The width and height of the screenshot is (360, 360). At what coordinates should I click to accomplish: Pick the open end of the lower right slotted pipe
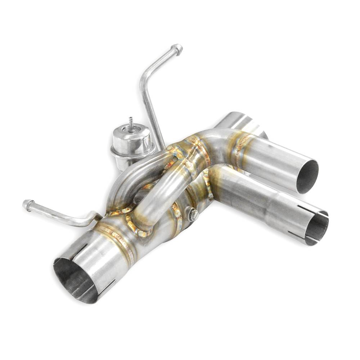tap(317, 228)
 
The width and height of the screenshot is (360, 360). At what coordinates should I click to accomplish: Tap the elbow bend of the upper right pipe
tap(212, 139)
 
